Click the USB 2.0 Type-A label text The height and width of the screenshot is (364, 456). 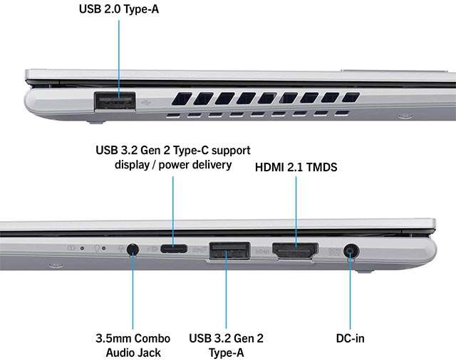click(x=119, y=9)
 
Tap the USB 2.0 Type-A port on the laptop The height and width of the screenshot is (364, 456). click(x=115, y=101)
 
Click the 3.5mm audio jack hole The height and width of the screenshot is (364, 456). click(x=133, y=250)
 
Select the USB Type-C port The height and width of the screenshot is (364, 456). click(x=174, y=249)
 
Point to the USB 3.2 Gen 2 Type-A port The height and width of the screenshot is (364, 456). click(x=229, y=250)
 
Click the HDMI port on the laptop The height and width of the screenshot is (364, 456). click(x=295, y=251)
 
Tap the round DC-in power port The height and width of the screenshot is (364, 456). click(x=351, y=251)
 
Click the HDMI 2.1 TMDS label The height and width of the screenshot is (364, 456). click(x=296, y=167)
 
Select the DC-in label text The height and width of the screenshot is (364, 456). click(x=350, y=338)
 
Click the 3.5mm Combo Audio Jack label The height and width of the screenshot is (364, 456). click(x=133, y=345)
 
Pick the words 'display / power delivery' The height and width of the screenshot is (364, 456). click(x=173, y=165)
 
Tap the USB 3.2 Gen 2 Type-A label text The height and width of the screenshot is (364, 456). click(x=227, y=345)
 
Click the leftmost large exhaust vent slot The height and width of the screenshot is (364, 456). click(x=182, y=98)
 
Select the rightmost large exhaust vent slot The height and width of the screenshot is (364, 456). click(x=351, y=97)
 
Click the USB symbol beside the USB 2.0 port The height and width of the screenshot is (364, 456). click(x=147, y=102)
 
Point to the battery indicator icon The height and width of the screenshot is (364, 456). click(x=71, y=248)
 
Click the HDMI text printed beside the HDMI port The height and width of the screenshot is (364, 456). click(x=261, y=250)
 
